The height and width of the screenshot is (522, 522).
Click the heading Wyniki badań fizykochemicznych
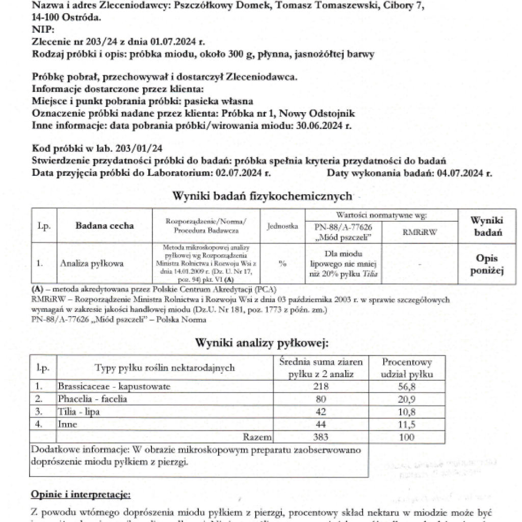click(x=262, y=196)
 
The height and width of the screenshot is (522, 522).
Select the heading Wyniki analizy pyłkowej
click(x=262, y=343)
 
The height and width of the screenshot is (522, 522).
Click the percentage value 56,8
click(x=407, y=387)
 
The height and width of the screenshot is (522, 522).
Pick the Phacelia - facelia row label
click(x=92, y=399)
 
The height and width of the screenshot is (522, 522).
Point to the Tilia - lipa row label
click(x=79, y=412)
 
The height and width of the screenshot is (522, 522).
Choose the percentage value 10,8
click(x=407, y=412)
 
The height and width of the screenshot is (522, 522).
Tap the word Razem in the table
click(x=257, y=437)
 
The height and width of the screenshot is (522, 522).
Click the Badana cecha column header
click(x=105, y=226)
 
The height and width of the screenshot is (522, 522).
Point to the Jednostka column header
click(x=282, y=226)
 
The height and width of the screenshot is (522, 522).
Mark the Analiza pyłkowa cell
click(x=91, y=264)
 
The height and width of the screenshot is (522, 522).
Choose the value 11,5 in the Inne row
click(x=407, y=425)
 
